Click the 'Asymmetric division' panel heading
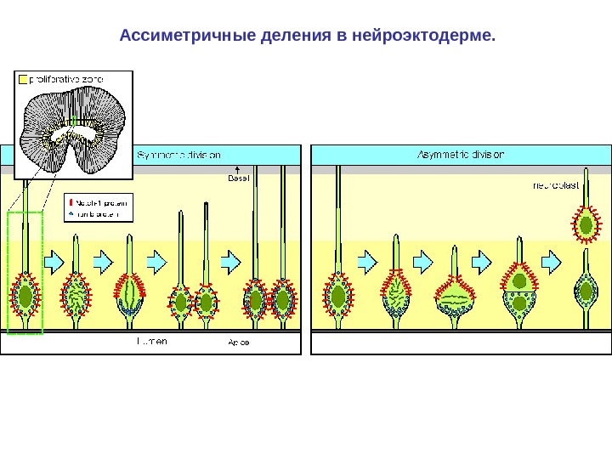460,155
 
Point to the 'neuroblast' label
556,184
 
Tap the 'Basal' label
237,178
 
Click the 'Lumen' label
152,341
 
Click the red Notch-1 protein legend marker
71,203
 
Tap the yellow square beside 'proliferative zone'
23,80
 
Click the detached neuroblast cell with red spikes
585,224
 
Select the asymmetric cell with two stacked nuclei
518,292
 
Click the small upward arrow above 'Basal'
237,168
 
